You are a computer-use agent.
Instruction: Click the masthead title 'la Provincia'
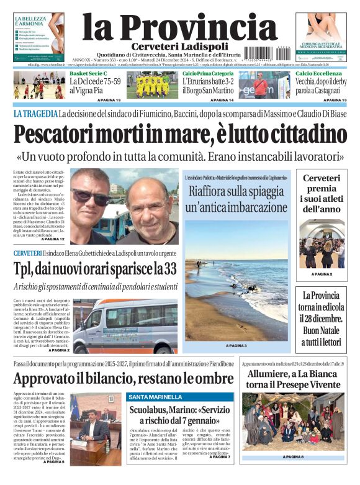coord(179,26)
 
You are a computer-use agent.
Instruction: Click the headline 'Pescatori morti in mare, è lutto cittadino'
coord(180,134)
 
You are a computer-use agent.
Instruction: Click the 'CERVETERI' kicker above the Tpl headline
coord(27,253)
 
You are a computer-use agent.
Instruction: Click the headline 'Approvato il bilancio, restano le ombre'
coord(124,378)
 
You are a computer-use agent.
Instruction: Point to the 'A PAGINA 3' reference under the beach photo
coord(236,345)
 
